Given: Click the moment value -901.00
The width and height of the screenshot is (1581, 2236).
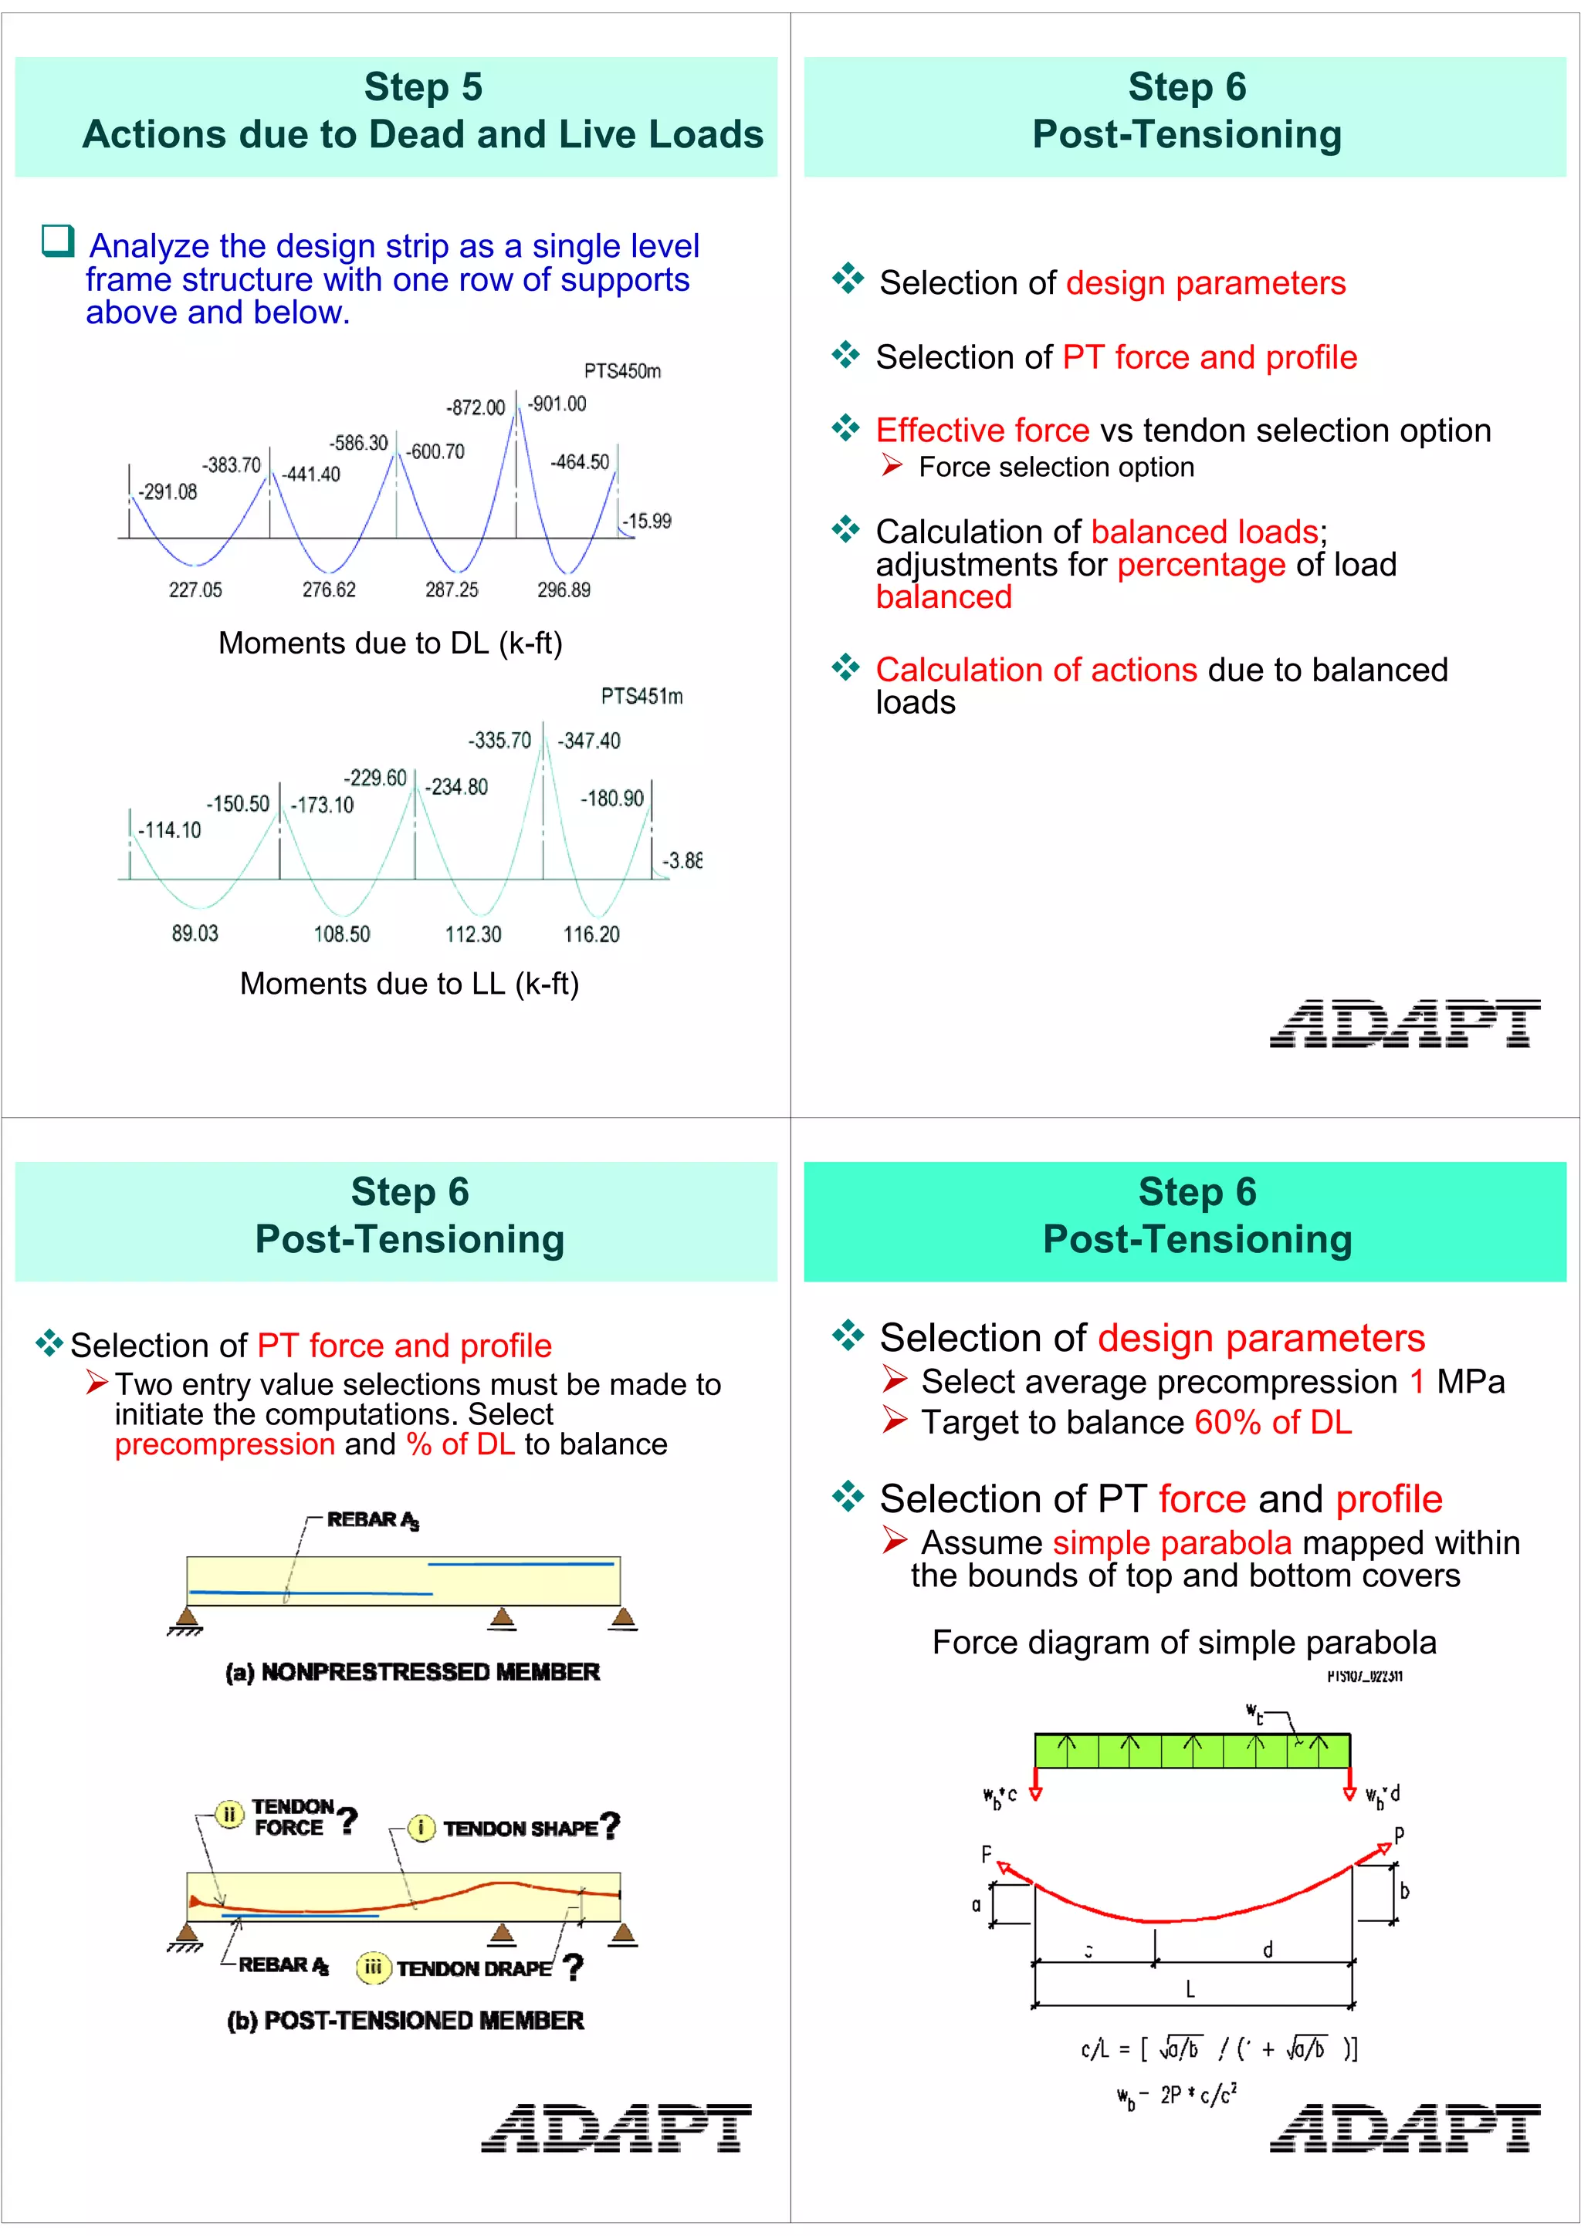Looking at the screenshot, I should [557, 404].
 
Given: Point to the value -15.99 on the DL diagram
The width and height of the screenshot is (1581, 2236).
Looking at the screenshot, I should [647, 521].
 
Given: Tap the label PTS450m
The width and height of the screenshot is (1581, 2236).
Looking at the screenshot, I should [622, 371].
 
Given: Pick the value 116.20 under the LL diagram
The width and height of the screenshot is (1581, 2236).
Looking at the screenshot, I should [591, 935].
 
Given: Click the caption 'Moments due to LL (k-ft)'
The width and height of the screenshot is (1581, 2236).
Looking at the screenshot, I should [409, 984].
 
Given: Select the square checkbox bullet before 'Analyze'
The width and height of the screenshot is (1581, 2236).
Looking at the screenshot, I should [57, 241].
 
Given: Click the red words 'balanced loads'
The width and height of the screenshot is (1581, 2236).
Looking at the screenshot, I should [1204, 532].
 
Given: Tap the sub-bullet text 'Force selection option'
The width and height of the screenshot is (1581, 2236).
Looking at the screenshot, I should [1056, 468].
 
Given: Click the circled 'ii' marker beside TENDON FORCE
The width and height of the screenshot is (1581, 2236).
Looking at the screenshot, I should [230, 1814].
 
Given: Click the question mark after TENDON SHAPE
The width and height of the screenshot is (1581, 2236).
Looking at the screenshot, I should [611, 1826].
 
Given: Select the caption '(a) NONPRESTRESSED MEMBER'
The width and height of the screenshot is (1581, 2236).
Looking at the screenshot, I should [412, 1672].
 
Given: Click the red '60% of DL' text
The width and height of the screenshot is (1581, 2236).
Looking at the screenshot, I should [1272, 1423].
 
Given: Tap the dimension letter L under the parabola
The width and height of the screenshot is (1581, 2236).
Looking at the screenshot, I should [1190, 1990].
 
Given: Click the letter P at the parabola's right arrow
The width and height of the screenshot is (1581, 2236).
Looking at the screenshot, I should [1399, 1835].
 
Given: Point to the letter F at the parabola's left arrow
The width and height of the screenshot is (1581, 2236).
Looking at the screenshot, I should [986, 1854].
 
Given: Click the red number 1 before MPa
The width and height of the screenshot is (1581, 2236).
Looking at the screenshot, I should [1417, 1382].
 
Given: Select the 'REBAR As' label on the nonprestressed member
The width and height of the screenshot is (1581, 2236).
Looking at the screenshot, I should [372, 1520].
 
